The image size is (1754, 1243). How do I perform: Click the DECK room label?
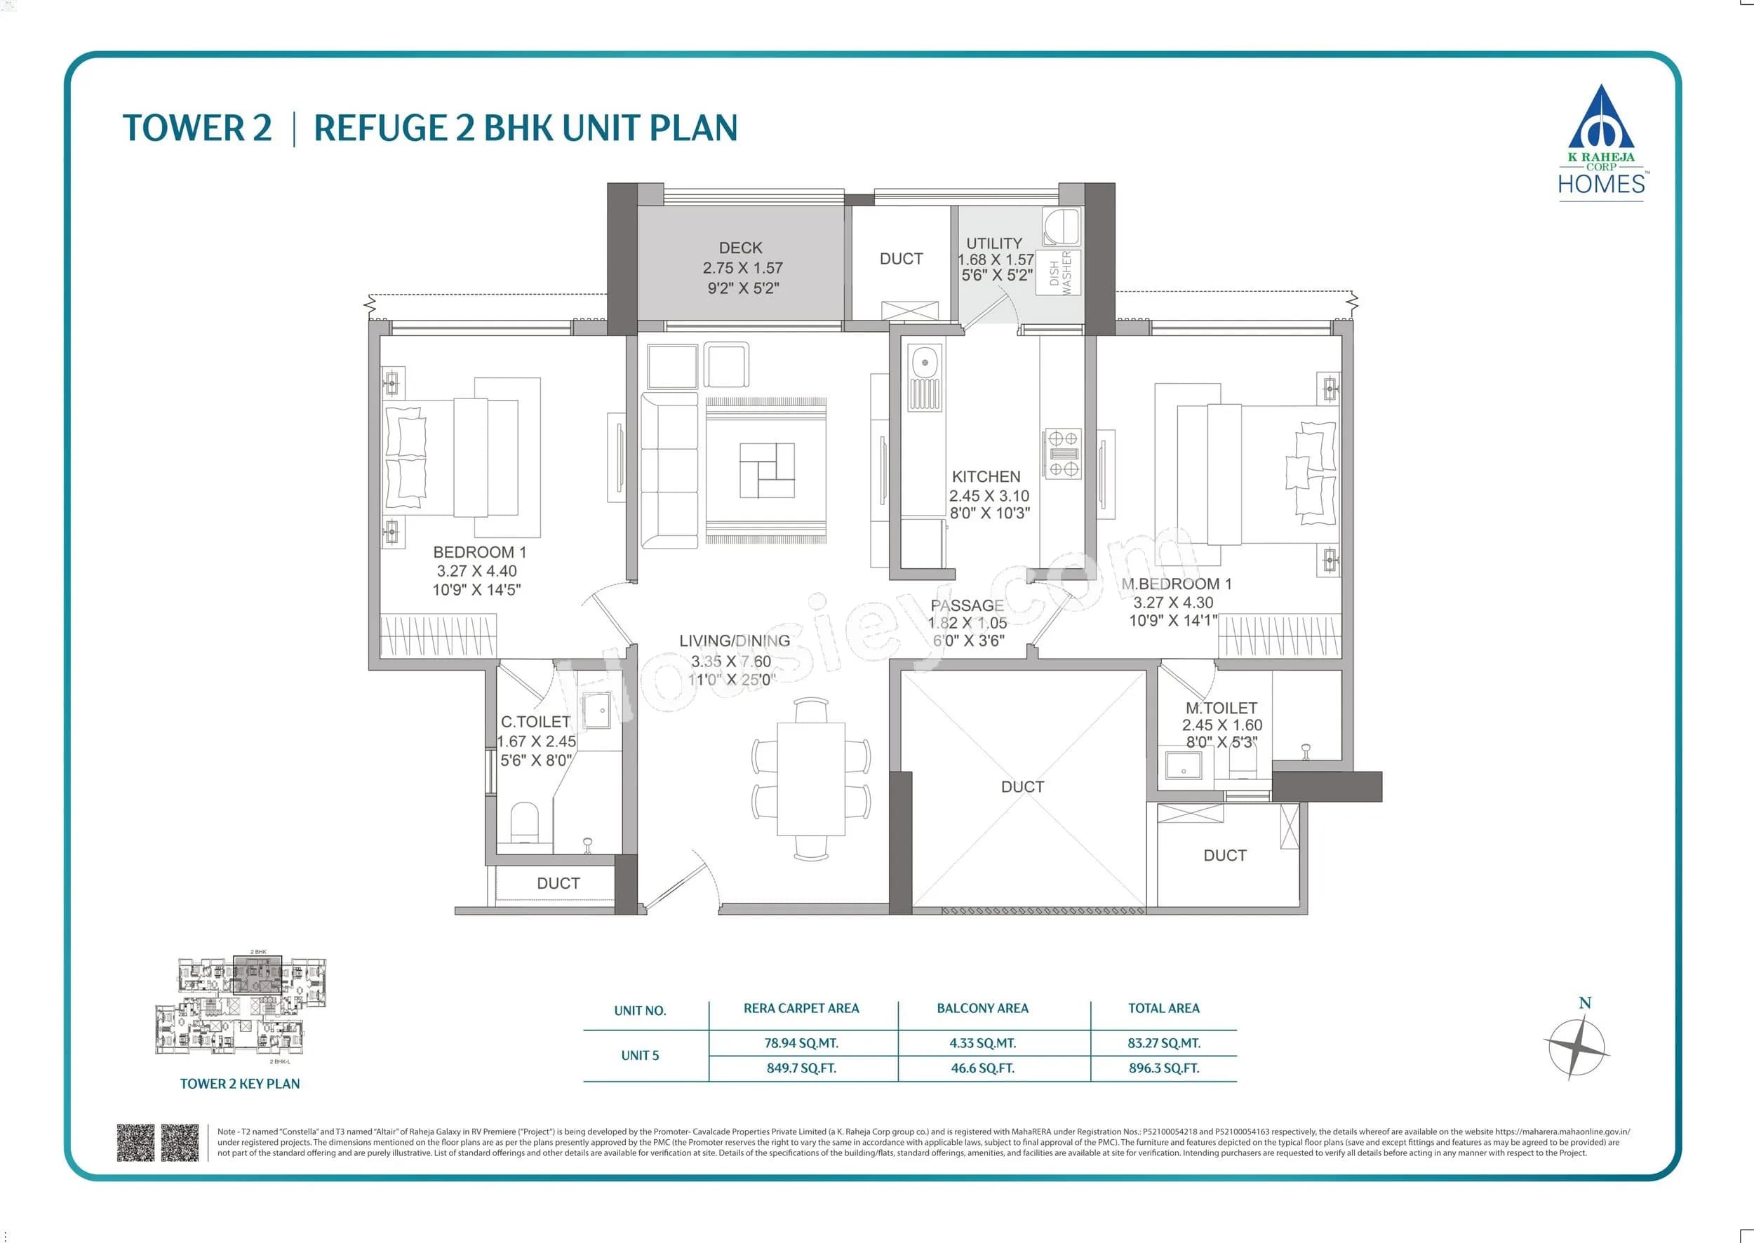740,248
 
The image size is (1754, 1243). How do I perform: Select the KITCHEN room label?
986,476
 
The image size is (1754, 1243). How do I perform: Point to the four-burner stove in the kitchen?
1063,454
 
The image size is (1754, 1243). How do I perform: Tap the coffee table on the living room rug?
767,470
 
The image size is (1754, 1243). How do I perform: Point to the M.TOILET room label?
1221,708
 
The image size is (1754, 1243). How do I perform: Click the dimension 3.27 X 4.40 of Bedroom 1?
476,571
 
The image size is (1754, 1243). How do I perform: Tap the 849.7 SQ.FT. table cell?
801,1068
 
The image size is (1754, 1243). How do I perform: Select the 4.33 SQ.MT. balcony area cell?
982,1043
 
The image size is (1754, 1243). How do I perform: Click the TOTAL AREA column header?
1163,1009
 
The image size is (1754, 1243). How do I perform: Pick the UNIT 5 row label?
640,1056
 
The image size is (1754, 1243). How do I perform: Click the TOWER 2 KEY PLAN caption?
240,1084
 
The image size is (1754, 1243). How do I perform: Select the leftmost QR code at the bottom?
135,1143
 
